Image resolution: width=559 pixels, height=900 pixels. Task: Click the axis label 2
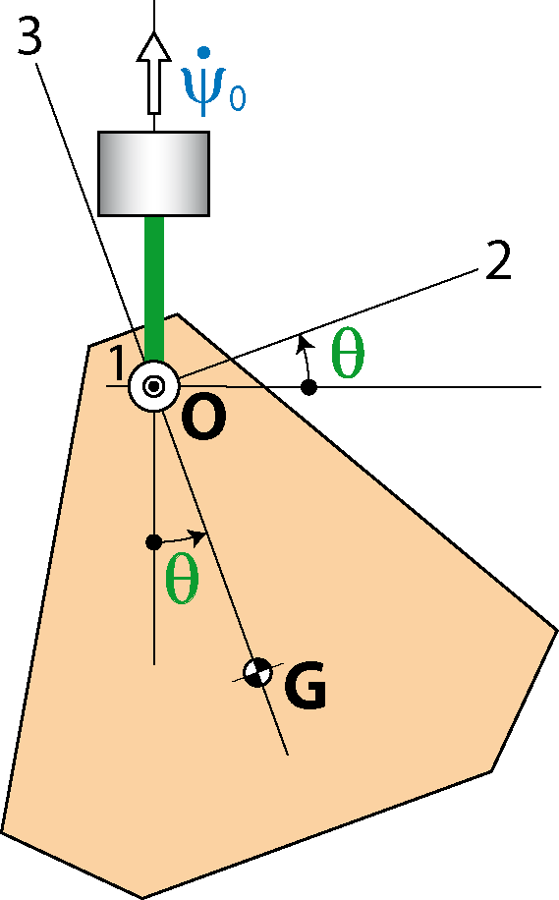point(498,261)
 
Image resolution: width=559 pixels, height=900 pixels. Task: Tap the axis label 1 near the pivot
point(117,364)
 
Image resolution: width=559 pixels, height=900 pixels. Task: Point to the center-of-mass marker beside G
point(257,672)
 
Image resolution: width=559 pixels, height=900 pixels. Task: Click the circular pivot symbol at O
point(153,386)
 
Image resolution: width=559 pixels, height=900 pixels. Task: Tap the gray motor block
point(154,174)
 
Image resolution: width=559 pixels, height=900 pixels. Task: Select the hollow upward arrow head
point(153,46)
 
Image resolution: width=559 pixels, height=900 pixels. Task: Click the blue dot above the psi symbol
point(202,53)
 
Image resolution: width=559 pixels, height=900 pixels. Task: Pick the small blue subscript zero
point(237,97)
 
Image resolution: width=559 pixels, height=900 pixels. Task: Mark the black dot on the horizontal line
point(309,387)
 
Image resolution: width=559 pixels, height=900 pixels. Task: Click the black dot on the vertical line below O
point(153,541)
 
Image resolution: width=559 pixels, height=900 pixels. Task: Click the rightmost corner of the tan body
point(557,631)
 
